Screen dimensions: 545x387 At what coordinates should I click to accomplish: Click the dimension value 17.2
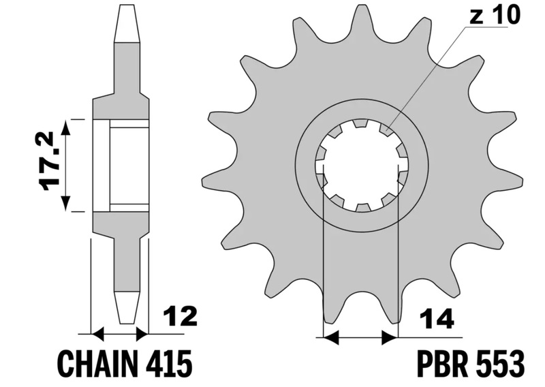[x=48, y=161]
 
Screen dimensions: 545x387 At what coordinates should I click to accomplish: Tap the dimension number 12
[x=181, y=317]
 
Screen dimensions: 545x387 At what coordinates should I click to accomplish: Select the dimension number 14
[x=437, y=318]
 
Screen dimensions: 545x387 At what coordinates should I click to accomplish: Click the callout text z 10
[x=495, y=14]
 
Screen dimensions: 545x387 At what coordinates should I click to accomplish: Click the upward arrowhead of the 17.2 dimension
[x=65, y=127]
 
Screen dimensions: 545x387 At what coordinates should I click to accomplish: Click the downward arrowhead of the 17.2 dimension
[x=65, y=203]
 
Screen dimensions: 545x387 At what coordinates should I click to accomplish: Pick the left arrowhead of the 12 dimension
[x=98, y=335]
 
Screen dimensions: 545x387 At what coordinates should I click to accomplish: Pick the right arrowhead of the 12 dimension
[x=142, y=335]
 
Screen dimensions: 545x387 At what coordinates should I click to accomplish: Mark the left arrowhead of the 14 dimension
[x=331, y=338]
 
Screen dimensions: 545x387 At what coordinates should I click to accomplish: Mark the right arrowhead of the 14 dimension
[x=390, y=338]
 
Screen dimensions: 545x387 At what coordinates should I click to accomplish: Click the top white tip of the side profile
[x=127, y=24]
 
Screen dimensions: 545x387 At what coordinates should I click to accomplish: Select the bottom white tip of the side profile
[x=127, y=308]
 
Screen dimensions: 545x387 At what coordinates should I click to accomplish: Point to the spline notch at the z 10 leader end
[x=384, y=129]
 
